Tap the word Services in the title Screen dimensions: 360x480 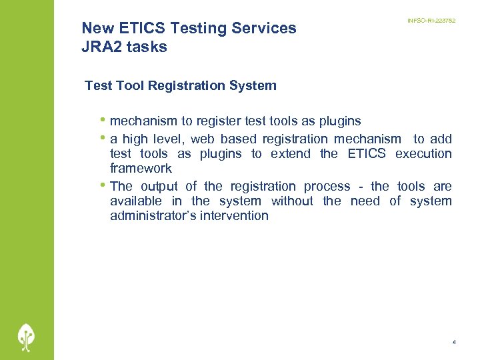click(x=263, y=28)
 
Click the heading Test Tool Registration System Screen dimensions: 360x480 click(x=180, y=85)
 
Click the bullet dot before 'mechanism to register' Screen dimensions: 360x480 click(x=102, y=121)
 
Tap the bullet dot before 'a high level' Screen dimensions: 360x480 click(x=102, y=138)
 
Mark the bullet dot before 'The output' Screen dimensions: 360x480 click(x=102, y=185)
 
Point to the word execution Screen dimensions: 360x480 click(x=423, y=154)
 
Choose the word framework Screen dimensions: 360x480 click(x=141, y=169)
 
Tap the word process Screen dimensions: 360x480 click(x=327, y=186)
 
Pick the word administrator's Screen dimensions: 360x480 click(x=151, y=216)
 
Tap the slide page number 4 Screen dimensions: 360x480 click(x=454, y=342)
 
